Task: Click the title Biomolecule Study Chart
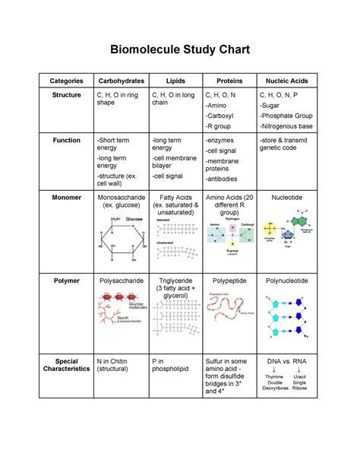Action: pos(180,50)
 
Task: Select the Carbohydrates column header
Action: pos(120,81)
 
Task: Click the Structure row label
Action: pos(66,96)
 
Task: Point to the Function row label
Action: pos(66,141)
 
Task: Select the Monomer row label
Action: pos(66,197)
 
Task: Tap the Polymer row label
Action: pos(66,281)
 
